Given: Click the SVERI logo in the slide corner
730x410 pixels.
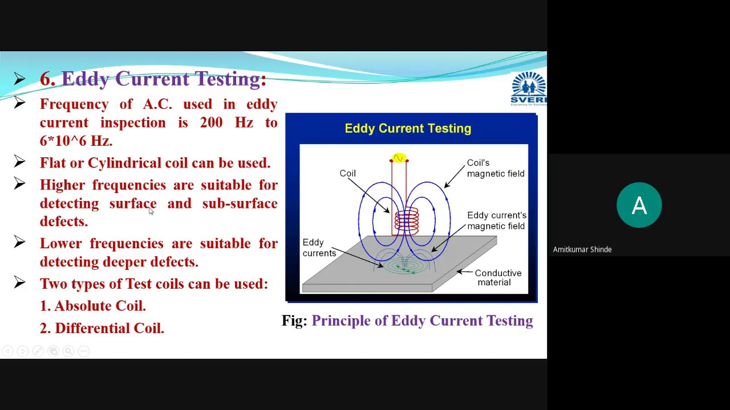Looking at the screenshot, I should (x=529, y=89).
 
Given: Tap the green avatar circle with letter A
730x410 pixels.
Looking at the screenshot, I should (x=639, y=205).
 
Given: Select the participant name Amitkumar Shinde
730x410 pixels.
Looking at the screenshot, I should (x=582, y=249).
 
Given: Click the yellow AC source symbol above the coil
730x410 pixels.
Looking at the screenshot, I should (x=399, y=158).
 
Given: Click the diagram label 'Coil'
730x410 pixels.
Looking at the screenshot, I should (x=347, y=173).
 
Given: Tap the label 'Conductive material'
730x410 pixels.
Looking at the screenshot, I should (x=497, y=278).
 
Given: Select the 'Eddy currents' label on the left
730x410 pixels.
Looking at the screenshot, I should (x=319, y=248).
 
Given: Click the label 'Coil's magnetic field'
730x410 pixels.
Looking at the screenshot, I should (x=495, y=168).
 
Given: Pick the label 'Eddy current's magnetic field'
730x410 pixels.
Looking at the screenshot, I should (x=496, y=220).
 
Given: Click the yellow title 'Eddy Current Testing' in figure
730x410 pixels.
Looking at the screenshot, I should (x=408, y=129).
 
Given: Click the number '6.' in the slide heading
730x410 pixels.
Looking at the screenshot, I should (x=47, y=79).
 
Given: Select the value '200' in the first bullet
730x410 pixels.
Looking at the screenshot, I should (x=212, y=122).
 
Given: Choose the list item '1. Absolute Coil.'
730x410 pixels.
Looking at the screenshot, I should (x=93, y=306).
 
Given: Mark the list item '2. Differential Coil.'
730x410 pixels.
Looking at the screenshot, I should (x=102, y=328).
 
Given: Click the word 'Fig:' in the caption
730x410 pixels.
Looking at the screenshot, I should (x=294, y=321).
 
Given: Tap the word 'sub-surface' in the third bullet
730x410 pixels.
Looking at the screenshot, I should (x=240, y=203).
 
